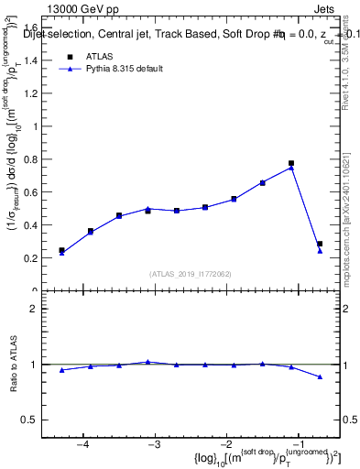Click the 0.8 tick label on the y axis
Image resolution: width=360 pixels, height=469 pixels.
pos(36,158)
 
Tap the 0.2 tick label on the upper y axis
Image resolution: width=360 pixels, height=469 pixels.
pos(36,258)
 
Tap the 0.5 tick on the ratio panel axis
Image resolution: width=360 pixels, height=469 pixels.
pos(36,420)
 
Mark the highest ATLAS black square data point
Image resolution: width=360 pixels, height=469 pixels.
pos(291,163)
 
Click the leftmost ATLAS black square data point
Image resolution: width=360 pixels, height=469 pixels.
pos(61,250)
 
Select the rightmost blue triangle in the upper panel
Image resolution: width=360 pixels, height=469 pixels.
pos(320,251)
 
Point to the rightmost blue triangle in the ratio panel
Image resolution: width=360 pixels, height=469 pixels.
pos(320,376)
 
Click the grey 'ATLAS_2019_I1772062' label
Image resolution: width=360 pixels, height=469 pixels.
pos(191,274)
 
